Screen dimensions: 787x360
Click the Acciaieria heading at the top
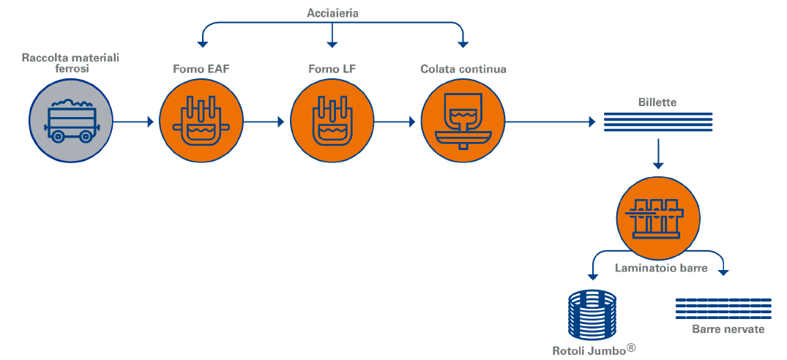[332, 14]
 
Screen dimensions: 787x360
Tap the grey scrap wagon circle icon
[71, 121]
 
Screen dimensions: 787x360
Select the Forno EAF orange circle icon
[201, 121]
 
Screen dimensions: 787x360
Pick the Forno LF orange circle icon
[332, 121]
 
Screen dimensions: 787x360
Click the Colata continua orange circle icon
[462, 121]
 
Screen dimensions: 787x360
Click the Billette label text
[657, 102]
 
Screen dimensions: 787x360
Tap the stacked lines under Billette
[658, 122]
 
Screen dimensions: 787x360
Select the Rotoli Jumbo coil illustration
[592, 315]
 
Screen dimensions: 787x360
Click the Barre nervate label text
[728, 329]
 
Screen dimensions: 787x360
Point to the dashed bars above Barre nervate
[723, 308]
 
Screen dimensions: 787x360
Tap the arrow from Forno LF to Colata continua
[395, 121]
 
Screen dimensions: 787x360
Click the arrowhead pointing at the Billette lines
[592, 121]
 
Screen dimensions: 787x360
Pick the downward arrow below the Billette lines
[658, 154]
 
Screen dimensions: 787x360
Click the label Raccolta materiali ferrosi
[71, 63]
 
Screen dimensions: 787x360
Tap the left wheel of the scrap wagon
[58, 136]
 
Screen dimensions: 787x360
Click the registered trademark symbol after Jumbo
[631, 346]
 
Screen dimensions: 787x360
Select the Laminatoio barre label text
[661, 269]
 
